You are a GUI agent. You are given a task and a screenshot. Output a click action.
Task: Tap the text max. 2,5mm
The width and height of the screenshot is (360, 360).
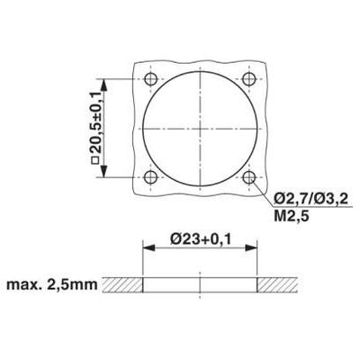[x=51, y=286]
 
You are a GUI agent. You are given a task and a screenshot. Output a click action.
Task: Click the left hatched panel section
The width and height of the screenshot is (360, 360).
[x=121, y=286]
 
